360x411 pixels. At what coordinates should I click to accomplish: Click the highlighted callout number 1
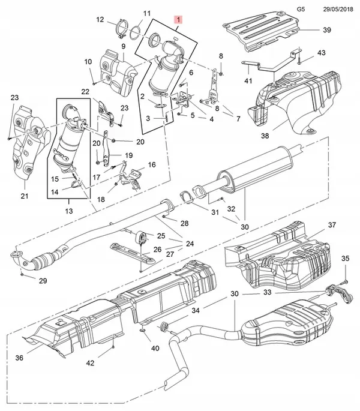click(x=178, y=20)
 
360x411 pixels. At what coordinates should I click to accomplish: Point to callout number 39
click(x=326, y=29)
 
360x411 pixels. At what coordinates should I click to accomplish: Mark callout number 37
click(x=332, y=225)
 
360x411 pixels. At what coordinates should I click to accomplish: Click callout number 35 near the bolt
click(x=345, y=258)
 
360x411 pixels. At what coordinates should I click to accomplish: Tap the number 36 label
click(x=19, y=358)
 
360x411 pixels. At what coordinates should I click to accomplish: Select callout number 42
click(x=89, y=362)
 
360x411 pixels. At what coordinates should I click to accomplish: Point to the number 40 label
click(x=155, y=348)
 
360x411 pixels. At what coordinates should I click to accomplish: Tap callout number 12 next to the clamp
click(x=100, y=19)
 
